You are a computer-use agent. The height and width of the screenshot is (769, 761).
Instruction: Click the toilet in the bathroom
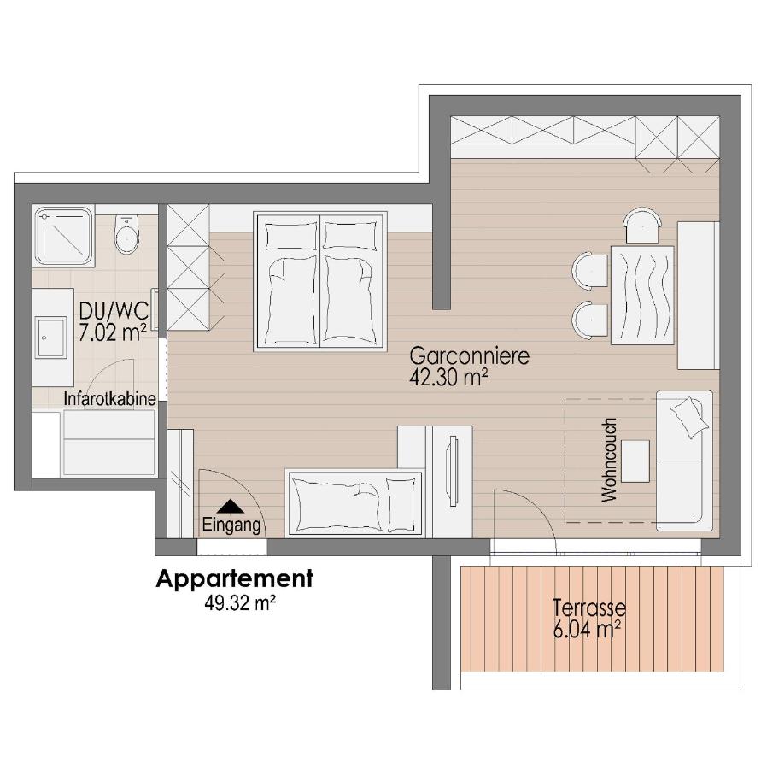tap(126, 233)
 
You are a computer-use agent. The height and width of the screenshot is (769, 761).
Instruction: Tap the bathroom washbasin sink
tap(50, 338)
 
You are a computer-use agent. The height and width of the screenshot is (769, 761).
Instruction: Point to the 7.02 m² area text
tap(112, 332)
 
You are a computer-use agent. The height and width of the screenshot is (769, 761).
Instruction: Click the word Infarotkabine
tap(109, 398)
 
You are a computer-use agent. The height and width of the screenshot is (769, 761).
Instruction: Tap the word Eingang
tap(231, 526)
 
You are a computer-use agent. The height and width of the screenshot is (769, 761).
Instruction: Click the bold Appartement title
tap(234, 578)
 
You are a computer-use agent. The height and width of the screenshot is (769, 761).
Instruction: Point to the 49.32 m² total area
tap(239, 602)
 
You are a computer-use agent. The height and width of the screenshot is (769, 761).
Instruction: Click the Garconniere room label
tap(469, 355)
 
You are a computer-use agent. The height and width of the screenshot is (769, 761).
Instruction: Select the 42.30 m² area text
tap(448, 378)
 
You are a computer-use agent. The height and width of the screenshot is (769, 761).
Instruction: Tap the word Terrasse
tap(588, 609)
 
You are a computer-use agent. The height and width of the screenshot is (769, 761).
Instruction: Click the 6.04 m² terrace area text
tap(586, 631)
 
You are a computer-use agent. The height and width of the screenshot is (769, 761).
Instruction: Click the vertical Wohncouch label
tap(609, 460)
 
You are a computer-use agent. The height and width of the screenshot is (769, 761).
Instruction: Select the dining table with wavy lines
tap(641, 294)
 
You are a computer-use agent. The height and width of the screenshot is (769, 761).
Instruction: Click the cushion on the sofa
tap(690, 415)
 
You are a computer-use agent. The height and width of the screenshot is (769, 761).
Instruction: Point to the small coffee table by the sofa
tap(635, 461)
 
